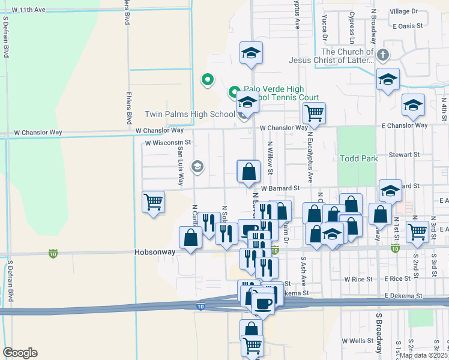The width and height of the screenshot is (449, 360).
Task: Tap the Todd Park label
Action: (359, 158)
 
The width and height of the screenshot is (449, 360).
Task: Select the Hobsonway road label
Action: (155, 253)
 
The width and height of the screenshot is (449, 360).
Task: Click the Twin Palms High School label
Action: (190, 115)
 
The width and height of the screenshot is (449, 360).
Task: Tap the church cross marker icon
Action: (382, 56)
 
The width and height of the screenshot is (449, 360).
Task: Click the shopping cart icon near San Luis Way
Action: (154, 202)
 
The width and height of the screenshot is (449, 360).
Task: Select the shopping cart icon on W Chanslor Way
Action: (314, 112)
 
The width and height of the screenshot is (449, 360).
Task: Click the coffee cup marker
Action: (262, 302)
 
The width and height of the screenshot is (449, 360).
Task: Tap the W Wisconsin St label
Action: (167, 143)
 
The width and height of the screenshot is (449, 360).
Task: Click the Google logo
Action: (20, 353)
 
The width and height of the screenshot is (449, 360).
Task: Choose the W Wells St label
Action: (358, 341)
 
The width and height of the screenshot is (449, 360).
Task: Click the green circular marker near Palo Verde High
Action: (207, 79)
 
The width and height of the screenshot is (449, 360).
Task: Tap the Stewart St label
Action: (403, 155)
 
